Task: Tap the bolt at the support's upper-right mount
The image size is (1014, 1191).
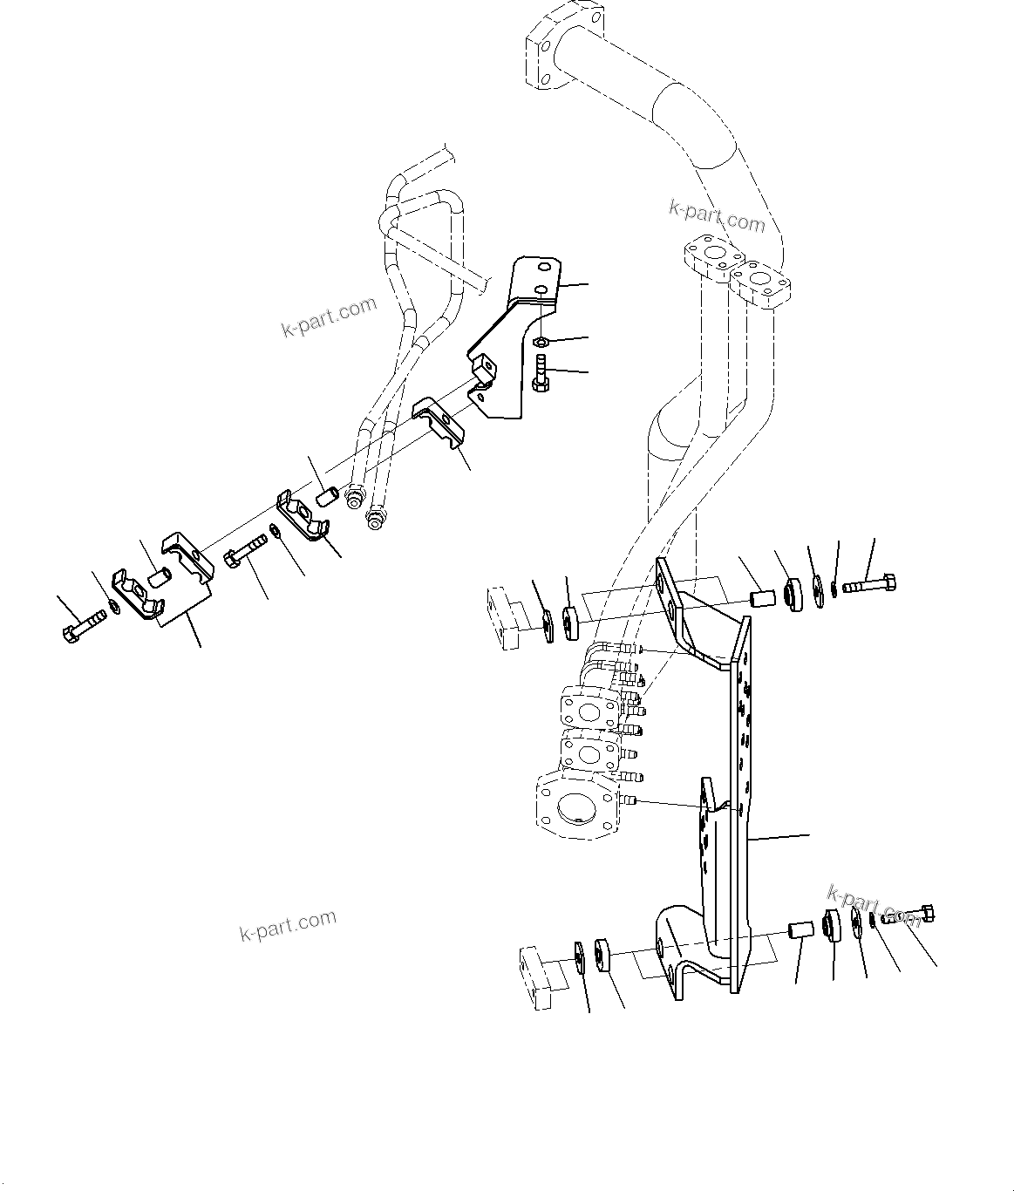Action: pyautogui.click(x=872, y=583)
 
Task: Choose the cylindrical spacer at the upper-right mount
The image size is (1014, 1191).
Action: pyautogui.click(x=764, y=601)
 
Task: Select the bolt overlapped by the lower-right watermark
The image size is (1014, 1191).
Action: pyautogui.click(x=908, y=915)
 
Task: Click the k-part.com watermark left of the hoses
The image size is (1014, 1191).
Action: pyautogui.click(x=329, y=316)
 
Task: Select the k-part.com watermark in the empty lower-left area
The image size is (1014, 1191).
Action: pyautogui.click(x=288, y=926)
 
